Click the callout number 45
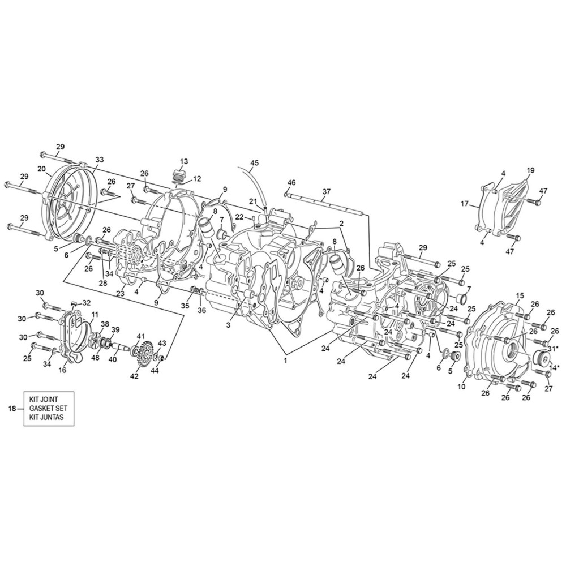(254, 163)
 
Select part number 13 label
(184, 161)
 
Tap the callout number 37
(327, 191)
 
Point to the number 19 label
(530, 170)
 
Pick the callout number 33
(100, 159)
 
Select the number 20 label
(42, 168)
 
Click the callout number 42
(134, 376)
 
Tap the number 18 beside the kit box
(12, 408)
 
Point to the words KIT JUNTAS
(46, 417)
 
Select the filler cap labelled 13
(179, 175)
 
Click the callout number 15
(519, 296)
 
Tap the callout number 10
(462, 387)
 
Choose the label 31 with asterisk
(553, 349)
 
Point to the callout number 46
(291, 183)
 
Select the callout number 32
(87, 302)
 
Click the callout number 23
(120, 294)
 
